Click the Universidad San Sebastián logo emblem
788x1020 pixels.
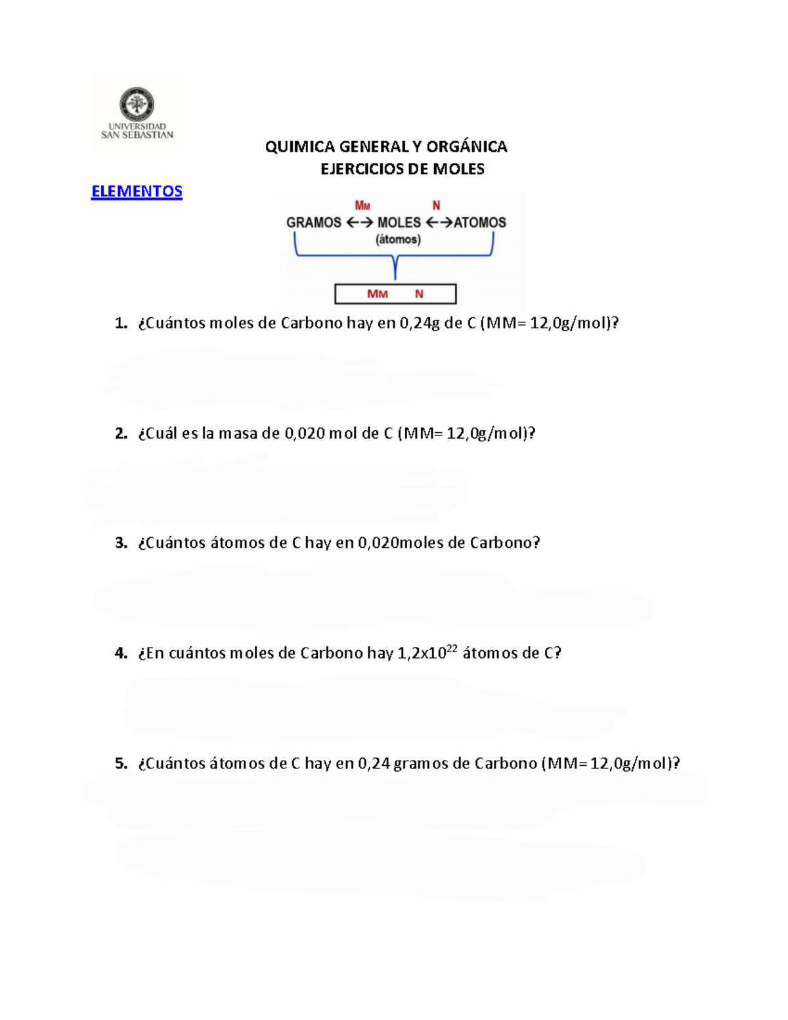click(x=137, y=104)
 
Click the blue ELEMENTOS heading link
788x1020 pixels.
click(x=137, y=191)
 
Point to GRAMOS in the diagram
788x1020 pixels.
click(x=313, y=223)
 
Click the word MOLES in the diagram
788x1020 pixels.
click(x=399, y=223)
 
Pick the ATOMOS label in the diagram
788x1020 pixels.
click(x=479, y=223)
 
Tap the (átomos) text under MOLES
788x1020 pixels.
click(x=398, y=239)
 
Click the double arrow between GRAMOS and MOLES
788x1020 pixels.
click(x=359, y=223)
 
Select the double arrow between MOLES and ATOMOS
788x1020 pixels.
click(x=439, y=223)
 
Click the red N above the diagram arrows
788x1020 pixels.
click(x=436, y=206)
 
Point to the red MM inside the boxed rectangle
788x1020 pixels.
click(x=377, y=294)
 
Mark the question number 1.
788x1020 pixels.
click(x=120, y=323)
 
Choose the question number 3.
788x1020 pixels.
click(x=120, y=543)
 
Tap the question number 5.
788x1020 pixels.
click(x=120, y=764)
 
